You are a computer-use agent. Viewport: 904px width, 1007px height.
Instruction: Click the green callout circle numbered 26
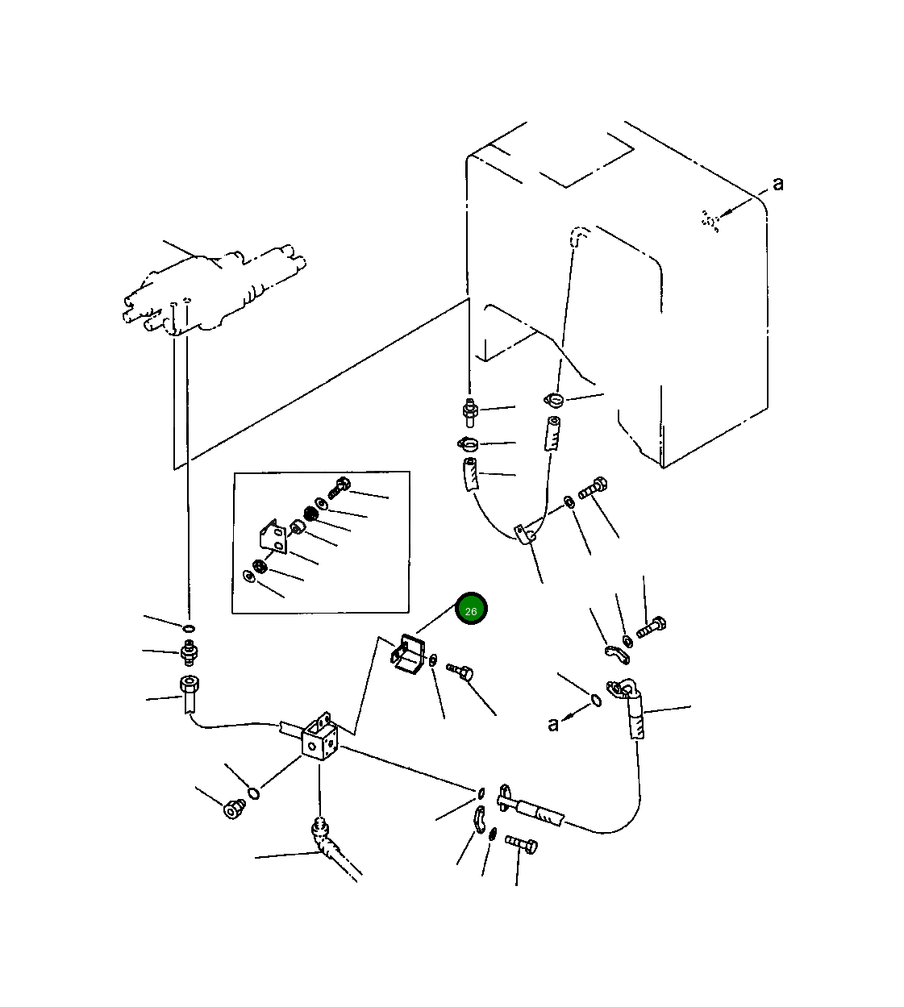click(x=471, y=609)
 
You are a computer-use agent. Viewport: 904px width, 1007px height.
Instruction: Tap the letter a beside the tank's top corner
click(x=777, y=184)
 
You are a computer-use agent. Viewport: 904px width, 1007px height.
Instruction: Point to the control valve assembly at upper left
click(x=214, y=291)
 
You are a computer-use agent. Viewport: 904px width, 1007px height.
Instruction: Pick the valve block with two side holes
click(x=319, y=738)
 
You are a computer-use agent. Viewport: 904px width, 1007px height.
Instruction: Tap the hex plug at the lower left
click(x=234, y=809)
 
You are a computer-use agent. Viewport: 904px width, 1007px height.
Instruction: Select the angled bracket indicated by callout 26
click(x=408, y=655)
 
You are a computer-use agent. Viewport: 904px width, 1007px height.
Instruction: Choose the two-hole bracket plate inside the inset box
click(x=273, y=537)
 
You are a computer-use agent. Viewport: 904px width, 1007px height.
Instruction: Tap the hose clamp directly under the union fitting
click(x=469, y=443)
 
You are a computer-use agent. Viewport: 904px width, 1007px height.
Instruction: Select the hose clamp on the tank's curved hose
click(x=553, y=400)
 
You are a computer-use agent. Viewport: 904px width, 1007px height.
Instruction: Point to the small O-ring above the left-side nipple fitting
click(x=189, y=629)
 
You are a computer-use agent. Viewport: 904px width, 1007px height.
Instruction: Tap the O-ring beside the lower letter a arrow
click(x=596, y=701)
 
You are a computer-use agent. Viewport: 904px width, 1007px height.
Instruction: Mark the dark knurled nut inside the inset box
click(x=310, y=513)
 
